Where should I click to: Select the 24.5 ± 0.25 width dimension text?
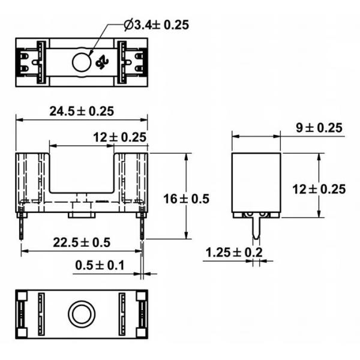click(82, 111)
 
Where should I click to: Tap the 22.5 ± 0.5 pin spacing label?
click(82, 242)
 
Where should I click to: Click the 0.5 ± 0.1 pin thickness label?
click(100, 265)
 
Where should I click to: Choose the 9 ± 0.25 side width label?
click(319, 128)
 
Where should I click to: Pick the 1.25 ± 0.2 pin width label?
click(233, 253)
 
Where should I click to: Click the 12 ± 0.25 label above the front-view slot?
click(119, 137)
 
